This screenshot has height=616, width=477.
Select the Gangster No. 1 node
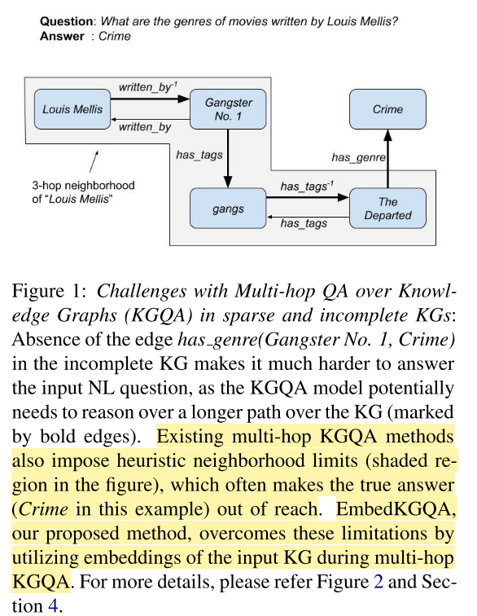pyautogui.click(x=228, y=110)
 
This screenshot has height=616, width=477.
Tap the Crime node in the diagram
pyautogui.click(x=387, y=110)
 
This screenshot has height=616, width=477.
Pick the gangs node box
pyautogui.click(x=228, y=209)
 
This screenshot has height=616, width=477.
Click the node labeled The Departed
pyautogui.click(x=387, y=209)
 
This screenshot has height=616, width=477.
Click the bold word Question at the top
pyautogui.click(x=66, y=21)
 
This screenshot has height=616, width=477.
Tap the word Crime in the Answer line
pyautogui.click(x=115, y=37)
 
